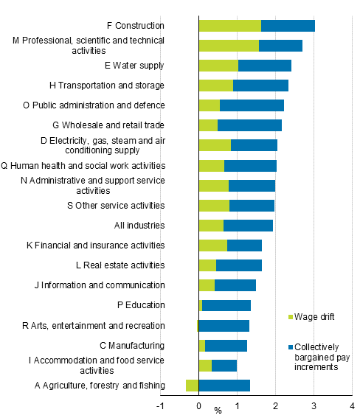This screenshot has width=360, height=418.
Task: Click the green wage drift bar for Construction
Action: click(x=229, y=26)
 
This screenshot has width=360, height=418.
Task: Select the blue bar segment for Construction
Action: click(x=288, y=26)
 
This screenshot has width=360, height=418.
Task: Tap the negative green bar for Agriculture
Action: click(x=192, y=385)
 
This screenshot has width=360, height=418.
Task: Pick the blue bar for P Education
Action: click(x=226, y=305)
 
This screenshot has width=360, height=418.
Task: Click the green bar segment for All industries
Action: click(x=211, y=226)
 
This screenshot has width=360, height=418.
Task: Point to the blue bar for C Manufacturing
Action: click(x=226, y=345)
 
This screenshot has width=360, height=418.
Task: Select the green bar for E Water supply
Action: click(x=218, y=66)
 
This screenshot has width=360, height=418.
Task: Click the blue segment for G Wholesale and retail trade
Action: click(x=249, y=125)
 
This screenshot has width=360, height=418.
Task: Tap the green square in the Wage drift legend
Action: click(x=290, y=317)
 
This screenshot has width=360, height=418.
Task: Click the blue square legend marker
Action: click(x=290, y=346)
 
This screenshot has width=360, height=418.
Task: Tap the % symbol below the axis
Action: click(x=218, y=410)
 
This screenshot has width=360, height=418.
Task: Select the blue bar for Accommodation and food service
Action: click(x=224, y=365)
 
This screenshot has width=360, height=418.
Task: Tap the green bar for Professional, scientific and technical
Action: click(x=229, y=46)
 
